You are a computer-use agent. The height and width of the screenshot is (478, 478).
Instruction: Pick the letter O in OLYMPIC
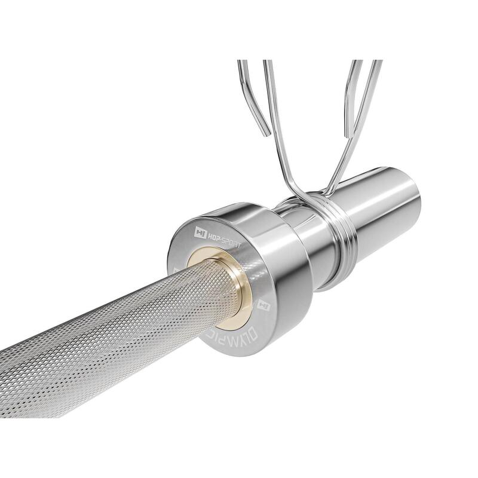click(257, 324)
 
